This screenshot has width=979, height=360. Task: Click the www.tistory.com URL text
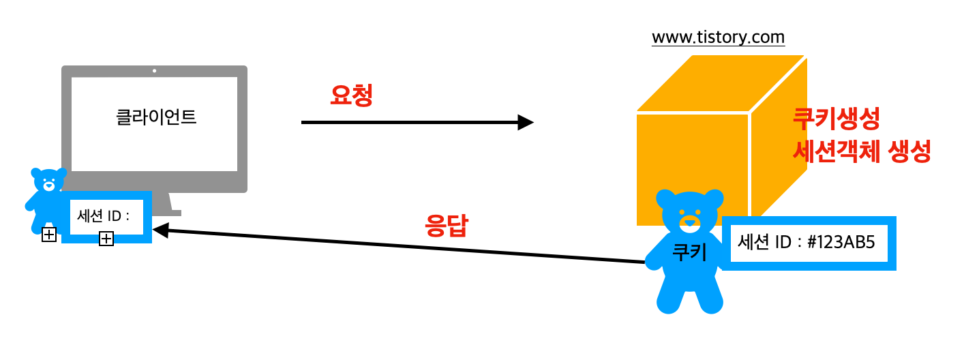point(718,37)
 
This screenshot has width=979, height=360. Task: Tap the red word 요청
point(351,95)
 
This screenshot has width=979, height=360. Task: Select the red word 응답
point(447,225)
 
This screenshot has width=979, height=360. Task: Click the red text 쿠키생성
point(836,120)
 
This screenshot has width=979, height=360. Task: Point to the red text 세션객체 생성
point(862,151)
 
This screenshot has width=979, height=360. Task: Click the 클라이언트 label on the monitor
point(156,117)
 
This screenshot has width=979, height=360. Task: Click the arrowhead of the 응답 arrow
point(160,230)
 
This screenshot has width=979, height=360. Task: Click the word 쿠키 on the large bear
point(689,252)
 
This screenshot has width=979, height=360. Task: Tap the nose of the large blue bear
point(690,222)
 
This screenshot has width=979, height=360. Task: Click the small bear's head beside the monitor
point(48,182)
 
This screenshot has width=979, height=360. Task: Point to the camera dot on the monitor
point(155,71)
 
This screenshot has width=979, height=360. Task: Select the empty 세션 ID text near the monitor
point(103,217)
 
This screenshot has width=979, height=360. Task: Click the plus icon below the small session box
point(106,239)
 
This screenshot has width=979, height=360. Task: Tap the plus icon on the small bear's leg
point(49,235)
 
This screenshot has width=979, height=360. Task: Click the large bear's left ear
point(666,200)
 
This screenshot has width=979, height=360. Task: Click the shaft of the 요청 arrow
point(409,123)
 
